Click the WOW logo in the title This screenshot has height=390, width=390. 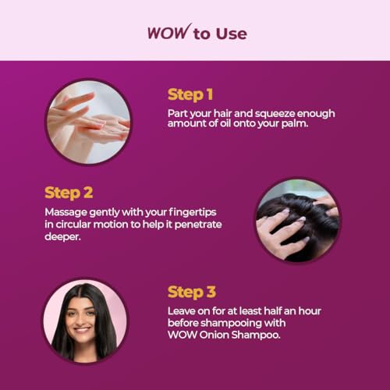point(169,32)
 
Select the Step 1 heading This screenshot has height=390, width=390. point(190,94)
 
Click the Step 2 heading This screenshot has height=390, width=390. point(69,193)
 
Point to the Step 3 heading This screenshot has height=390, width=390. point(192,292)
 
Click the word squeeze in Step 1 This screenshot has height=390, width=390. point(275,114)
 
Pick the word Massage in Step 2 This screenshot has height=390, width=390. point(66,212)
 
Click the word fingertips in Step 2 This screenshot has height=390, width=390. point(193,212)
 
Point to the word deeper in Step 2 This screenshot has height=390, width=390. point(62,237)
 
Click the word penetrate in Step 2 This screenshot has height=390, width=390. point(198,225)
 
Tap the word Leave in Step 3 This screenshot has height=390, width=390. point(181,311)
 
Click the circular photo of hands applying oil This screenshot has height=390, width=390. point(88,122)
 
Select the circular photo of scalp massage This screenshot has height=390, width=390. point(298,220)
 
